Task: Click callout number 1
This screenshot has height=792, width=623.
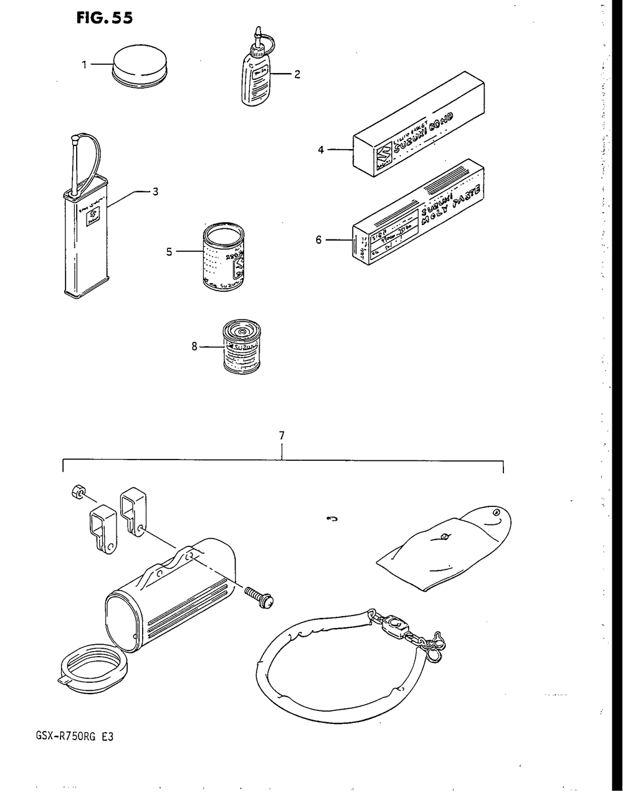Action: point(84,64)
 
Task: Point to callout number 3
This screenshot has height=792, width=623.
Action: point(156,192)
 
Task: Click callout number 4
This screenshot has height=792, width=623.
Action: point(320,150)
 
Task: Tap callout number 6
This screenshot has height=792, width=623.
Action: point(318,239)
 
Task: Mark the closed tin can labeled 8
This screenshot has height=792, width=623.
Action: point(244,346)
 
